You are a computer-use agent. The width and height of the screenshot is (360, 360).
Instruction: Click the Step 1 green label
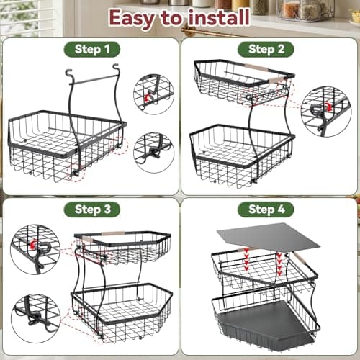point(92,50)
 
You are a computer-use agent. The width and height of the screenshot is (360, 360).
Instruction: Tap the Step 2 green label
point(266,50)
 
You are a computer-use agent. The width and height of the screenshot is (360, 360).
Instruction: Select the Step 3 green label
point(92,210)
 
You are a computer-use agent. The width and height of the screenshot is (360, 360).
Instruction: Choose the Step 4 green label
point(266,210)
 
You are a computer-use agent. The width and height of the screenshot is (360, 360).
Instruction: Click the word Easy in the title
point(132,19)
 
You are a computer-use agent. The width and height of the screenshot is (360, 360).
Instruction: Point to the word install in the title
point(218,17)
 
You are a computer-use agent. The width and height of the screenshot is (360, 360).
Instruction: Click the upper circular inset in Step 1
point(153,94)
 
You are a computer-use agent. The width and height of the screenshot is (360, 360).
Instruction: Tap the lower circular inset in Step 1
point(153,153)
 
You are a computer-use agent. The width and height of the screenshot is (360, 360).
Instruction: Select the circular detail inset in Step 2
point(326,112)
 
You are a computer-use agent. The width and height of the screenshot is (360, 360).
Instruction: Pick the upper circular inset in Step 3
point(35,250)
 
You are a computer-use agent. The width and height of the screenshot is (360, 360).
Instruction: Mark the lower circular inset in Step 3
point(35,318)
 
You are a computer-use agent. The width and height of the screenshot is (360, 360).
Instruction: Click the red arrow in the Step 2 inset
point(328,107)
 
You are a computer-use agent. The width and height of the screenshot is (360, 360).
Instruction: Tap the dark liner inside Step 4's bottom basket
point(265,323)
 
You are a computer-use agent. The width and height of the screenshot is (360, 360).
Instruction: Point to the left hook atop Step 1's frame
point(68,73)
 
